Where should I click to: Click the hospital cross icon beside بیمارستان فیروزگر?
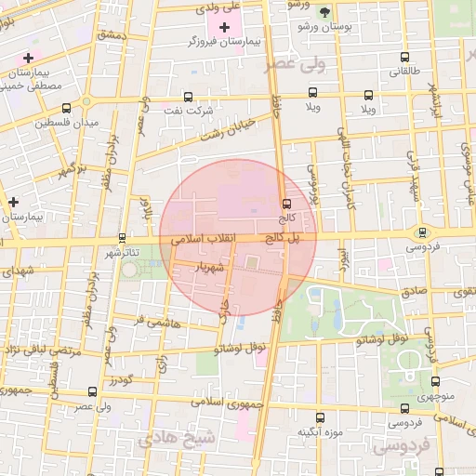click(x=225, y=27)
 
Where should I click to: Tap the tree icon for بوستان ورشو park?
click(x=324, y=12)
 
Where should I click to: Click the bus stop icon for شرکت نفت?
click(x=190, y=96)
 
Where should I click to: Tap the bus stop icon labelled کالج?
click(x=286, y=204)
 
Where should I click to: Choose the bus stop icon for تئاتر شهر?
click(x=124, y=238)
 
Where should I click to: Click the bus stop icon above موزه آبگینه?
click(x=320, y=418)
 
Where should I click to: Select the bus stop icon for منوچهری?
click(x=436, y=381)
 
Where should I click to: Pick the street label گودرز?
click(x=121, y=379)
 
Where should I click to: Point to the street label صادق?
click(x=416, y=291)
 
